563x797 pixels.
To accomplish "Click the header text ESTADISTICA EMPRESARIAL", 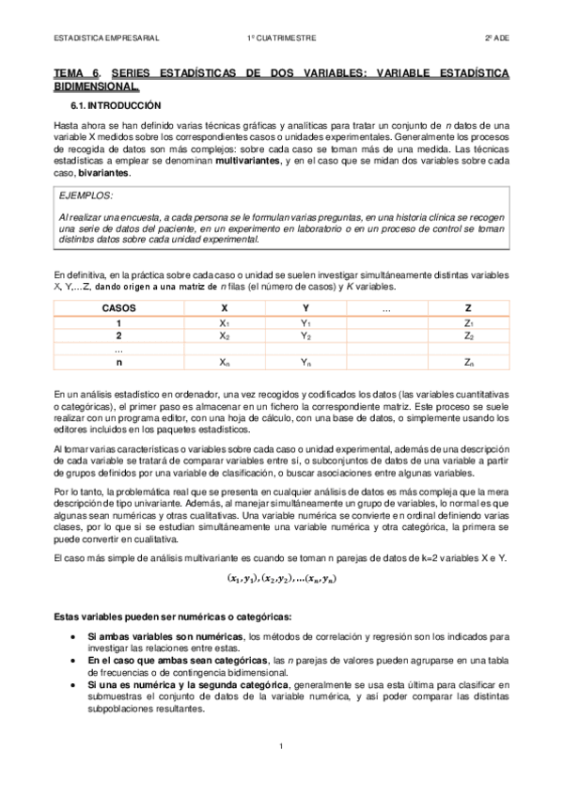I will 106,38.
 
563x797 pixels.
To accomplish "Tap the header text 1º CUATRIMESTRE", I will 281,38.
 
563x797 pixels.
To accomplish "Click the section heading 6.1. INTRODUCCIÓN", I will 116,105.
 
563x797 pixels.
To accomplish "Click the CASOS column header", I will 118,307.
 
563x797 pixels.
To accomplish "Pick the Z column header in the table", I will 468,307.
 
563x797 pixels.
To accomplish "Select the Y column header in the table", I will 305,307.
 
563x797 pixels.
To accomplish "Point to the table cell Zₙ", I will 468,362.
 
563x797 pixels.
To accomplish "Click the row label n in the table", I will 118,362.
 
